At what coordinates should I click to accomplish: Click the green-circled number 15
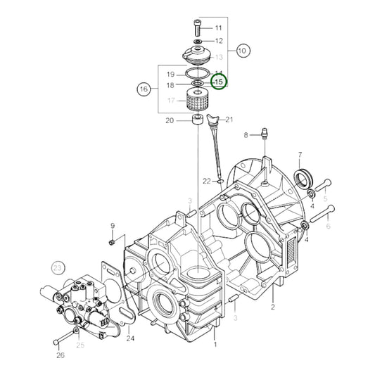point(218,84)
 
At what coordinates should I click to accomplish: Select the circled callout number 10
point(243,51)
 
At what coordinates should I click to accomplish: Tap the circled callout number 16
point(144,89)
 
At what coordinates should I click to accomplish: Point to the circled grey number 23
point(58,267)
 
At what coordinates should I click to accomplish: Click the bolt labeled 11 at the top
point(196,27)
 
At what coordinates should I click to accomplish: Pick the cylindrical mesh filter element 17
point(198,101)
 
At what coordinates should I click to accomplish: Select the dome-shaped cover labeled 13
point(196,55)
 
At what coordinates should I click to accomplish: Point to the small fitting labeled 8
point(263,134)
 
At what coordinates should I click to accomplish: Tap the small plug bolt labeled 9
point(112,241)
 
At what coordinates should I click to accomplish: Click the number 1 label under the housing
point(216,345)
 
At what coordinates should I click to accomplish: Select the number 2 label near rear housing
point(272,307)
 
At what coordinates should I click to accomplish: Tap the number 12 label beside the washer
point(219,41)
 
